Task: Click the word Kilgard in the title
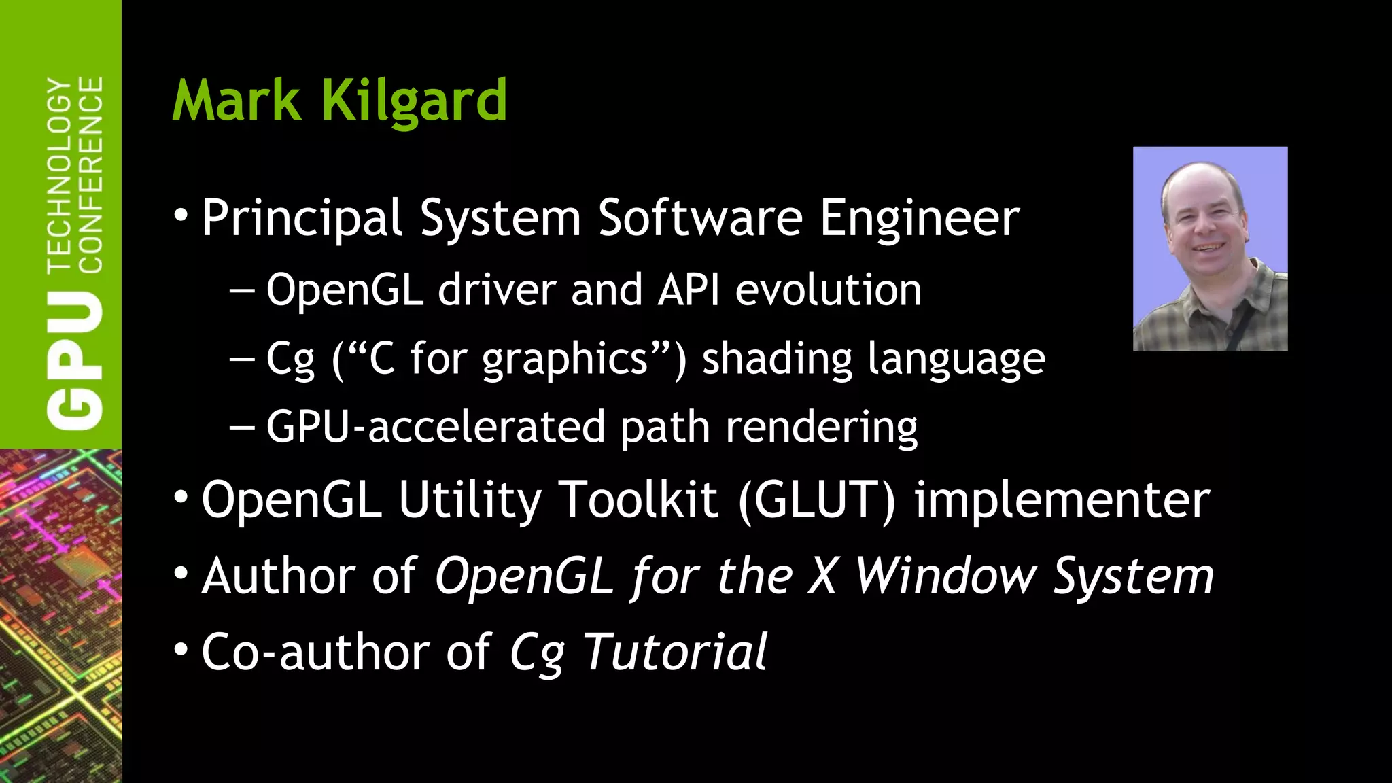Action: pos(414,101)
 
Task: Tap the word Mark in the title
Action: pos(237,101)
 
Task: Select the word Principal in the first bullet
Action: pos(302,219)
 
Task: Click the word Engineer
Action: pos(919,219)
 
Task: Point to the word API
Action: pos(689,290)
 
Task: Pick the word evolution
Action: pos(828,290)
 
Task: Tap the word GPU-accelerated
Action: pos(435,428)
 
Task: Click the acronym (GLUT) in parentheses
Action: pos(816,500)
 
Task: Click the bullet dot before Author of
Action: pos(181,573)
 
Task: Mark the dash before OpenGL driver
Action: pos(242,291)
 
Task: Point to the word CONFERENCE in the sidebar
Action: pos(92,175)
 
